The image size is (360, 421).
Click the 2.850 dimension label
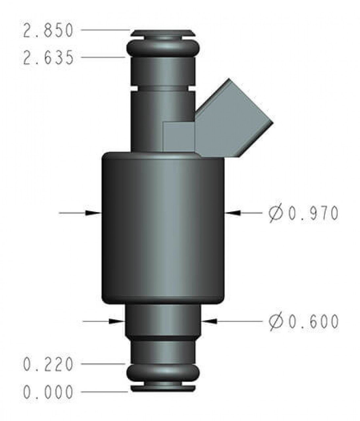pos(48,31)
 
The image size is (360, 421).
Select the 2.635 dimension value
pos(48,58)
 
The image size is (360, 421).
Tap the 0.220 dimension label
pos(48,364)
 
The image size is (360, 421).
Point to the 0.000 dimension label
pos(48,392)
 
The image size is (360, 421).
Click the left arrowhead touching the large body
pos(93,213)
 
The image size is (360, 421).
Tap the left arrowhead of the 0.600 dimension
pos(117,321)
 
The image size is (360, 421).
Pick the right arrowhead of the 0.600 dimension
pos(208,321)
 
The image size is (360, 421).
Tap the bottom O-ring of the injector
pos(163,373)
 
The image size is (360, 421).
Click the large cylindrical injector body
pos(163,227)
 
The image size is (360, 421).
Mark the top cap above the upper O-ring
pos(163,33)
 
